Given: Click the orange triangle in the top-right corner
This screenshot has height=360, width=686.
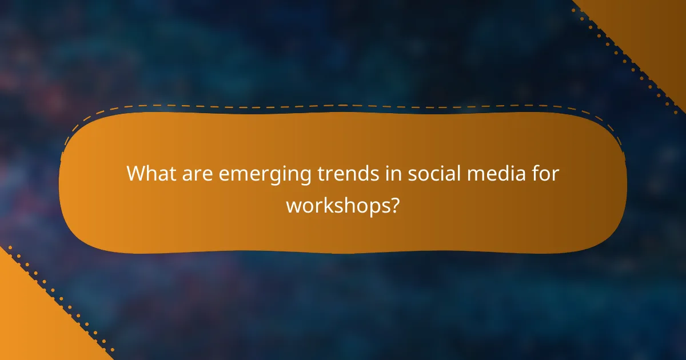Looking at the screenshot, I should coord(652,29).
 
